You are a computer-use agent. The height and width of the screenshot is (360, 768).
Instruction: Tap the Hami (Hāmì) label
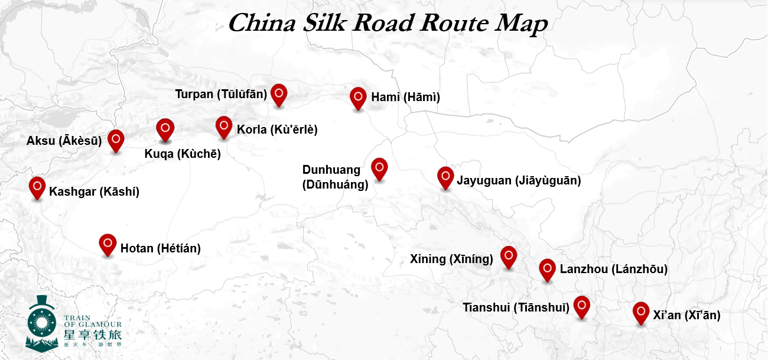(x=406, y=97)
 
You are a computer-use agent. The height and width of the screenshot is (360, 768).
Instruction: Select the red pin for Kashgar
(x=37, y=187)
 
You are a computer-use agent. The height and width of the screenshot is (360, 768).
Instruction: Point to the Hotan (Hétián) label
(x=161, y=249)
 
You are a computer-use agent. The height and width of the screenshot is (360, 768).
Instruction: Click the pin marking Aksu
(x=116, y=140)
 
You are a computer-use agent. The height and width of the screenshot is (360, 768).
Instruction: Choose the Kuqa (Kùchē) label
(x=183, y=154)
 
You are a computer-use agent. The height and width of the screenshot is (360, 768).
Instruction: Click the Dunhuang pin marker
(x=379, y=168)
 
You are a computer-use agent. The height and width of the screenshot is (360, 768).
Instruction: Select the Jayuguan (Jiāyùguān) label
(x=519, y=181)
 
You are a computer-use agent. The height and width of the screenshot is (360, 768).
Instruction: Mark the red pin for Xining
(x=509, y=256)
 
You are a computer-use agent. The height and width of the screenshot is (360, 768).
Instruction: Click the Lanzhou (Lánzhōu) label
(x=614, y=270)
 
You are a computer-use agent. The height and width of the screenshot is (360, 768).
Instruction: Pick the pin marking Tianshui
(x=582, y=306)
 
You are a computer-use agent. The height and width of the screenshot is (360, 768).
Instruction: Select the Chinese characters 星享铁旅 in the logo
(x=92, y=335)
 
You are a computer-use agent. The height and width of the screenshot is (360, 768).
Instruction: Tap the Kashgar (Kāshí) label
(x=95, y=192)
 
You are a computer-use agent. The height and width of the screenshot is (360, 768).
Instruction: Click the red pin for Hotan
(x=108, y=244)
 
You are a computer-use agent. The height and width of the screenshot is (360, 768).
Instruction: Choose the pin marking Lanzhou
(x=548, y=269)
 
